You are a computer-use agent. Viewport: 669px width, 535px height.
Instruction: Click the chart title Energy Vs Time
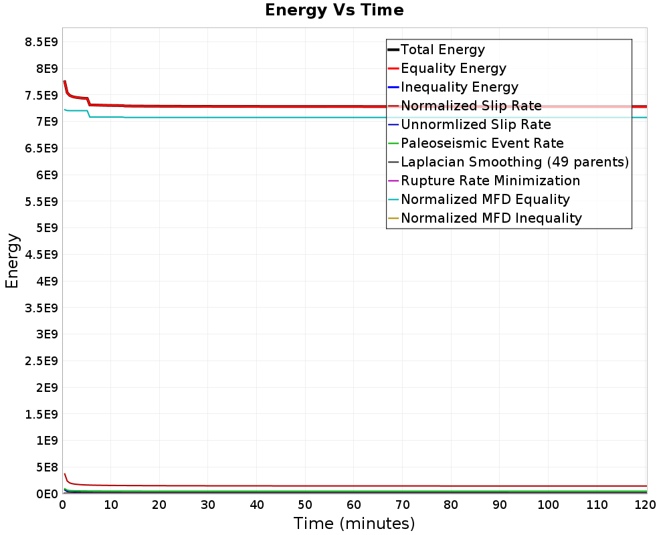pyautogui.click(x=334, y=10)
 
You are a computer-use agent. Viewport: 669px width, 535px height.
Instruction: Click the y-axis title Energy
pyautogui.click(x=11, y=260)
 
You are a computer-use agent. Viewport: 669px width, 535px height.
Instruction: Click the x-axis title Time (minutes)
pyautogui.click(x=354, y=524)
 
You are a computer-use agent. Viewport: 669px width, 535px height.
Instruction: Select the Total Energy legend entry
pyautogui.click(x=442, y=49)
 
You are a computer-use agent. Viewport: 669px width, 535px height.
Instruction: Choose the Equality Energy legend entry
pyautogui.click(x=453, y=68)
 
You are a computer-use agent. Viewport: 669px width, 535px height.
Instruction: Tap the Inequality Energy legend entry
pyautogui.click(x=459, y=87)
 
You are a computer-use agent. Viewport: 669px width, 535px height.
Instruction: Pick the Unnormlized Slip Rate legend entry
pyautogui.click(x=476, y=124)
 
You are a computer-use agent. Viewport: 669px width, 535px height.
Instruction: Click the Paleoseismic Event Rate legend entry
pyautogui.click(x=482, y=143)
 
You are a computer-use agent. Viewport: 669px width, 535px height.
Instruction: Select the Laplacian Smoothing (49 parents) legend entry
pyautogui.click(x=514, y=162)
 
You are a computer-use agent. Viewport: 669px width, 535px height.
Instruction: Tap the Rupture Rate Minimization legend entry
pyautogui.click(x=490, y=181)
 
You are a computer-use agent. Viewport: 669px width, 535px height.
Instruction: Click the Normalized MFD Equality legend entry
pyautogui.click(x=485, y=199)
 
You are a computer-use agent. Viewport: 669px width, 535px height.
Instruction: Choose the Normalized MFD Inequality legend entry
pyautogui.click(x=491, y=218)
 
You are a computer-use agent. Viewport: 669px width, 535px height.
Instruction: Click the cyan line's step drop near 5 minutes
pyautogui.click(x=88, y=114)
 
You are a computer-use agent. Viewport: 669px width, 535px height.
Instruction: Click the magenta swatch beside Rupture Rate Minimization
pyautogui.click(x=393, y=181)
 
